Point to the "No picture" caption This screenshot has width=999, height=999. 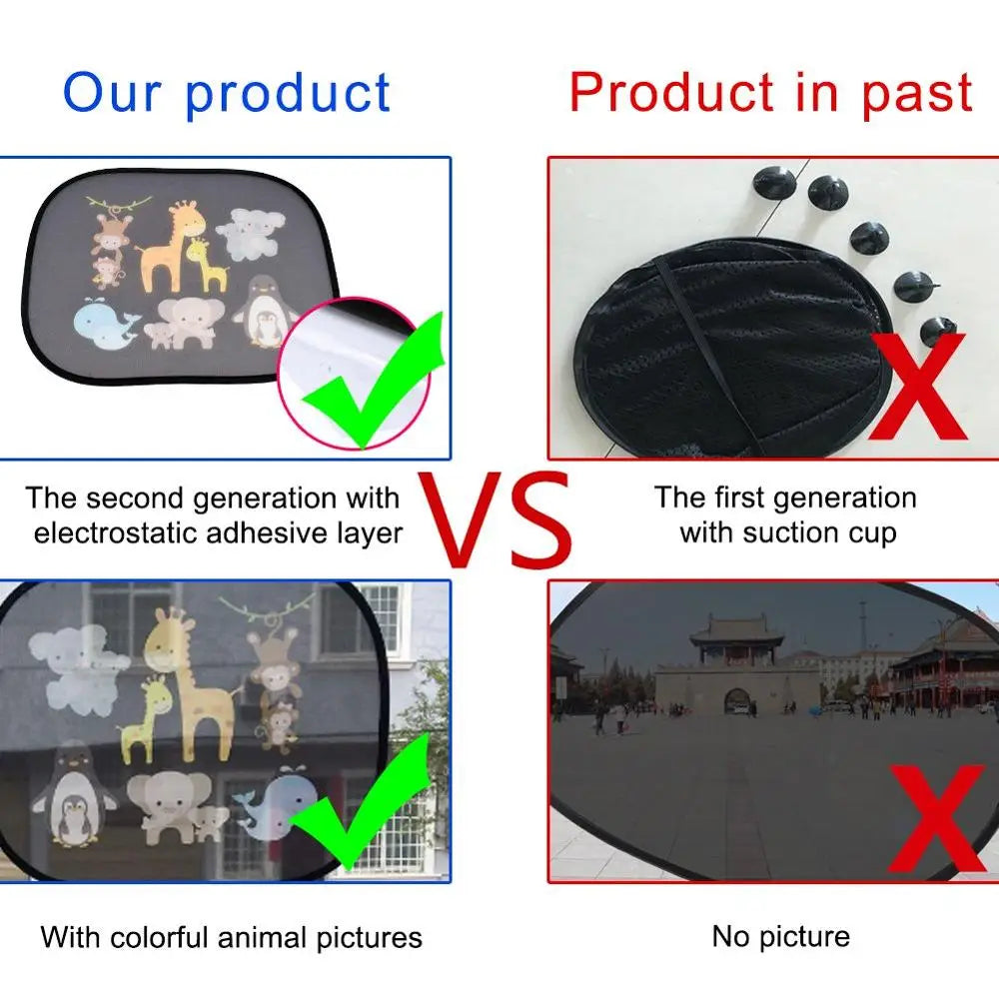pos(780,936)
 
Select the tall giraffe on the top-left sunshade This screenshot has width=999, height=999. pos(165,245)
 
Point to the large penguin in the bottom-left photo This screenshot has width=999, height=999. pos(72,794)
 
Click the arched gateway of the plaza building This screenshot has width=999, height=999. pos(737,700)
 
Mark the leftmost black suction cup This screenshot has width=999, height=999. pos(775,184)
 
